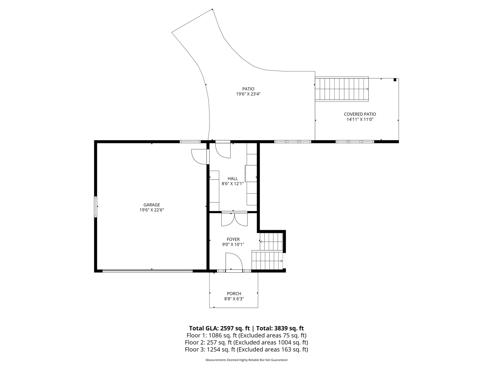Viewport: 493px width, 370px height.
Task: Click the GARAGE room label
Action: click(152, 205)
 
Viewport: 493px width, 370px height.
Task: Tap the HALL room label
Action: click(233, 179)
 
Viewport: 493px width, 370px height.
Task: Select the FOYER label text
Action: click(233, 239)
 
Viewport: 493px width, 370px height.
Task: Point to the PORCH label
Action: click(234, 294)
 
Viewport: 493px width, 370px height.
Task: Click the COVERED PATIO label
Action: click(360, 114)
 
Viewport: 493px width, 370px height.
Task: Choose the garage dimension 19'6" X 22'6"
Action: click(152, 210)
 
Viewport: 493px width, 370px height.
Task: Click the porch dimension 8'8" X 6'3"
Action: click(234, 299)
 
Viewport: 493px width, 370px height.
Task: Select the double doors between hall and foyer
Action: click(234, 219)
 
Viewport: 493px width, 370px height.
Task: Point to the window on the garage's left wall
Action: click(95, 207)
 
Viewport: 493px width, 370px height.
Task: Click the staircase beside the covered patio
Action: click(342, 89)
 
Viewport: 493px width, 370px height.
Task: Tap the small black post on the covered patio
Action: click(395, 80)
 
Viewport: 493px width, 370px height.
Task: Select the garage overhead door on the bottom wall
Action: click(147, 271)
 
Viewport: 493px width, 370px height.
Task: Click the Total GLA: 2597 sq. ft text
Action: click(219, 328)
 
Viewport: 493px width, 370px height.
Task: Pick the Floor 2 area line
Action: click(247, 343)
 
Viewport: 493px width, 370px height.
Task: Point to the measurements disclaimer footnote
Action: click(247, 360)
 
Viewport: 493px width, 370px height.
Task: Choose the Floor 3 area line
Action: click(247, 349)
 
